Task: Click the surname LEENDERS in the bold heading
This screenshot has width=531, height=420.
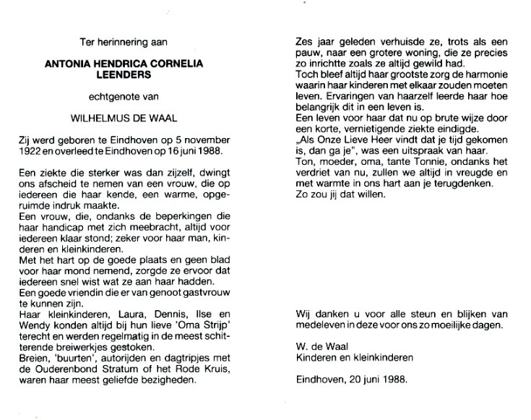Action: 121,75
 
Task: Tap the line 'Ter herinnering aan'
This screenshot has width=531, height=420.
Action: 121,42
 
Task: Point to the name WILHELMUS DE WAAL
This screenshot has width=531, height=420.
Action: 120,114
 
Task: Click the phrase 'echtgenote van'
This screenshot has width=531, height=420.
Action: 121,95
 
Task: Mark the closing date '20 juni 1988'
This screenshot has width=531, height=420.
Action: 379,377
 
